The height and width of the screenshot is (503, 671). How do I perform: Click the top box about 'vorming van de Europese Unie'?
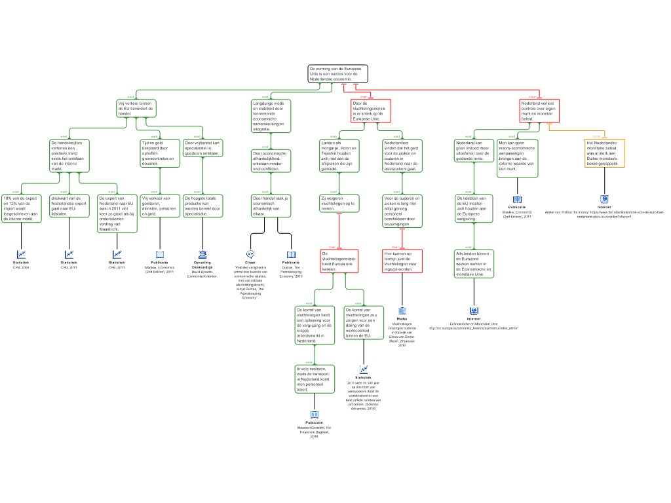337,73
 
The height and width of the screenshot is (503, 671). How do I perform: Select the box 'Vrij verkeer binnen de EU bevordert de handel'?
136,109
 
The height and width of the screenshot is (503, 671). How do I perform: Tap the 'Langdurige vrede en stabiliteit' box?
271,116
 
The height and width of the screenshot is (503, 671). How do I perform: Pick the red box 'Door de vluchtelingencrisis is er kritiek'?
371,111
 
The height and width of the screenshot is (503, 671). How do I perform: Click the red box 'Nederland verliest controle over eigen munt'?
540,111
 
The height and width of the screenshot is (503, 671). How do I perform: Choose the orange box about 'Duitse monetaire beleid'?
604,153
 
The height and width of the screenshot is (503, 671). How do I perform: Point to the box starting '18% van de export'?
21,208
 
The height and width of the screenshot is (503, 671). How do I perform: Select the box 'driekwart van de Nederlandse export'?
69,206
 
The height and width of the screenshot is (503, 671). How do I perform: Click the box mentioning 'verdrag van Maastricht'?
117,213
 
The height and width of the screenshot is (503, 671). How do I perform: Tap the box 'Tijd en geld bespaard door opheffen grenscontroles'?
160,153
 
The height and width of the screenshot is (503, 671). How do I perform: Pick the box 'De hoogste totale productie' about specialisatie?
202,206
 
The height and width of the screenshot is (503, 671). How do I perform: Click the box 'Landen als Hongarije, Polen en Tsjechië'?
339,156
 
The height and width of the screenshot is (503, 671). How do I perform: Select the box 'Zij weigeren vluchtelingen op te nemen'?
339,203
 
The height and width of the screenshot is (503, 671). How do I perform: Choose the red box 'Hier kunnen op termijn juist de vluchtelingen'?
402,261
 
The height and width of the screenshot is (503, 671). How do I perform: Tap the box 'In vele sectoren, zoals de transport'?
315,379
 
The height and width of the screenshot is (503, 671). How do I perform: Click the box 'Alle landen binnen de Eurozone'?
474,263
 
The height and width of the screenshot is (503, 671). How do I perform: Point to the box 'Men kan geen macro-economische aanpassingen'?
517,158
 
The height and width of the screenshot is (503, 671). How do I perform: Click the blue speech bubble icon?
250,254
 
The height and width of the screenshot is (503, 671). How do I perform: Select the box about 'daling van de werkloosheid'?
364,322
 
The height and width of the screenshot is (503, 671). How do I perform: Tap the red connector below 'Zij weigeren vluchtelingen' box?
339,231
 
